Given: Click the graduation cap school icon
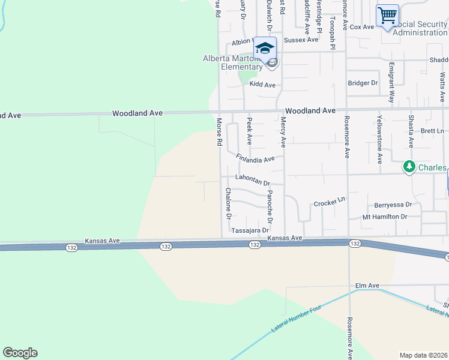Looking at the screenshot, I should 265,48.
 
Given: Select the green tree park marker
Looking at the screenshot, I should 409,166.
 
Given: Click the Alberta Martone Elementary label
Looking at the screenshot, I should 233,62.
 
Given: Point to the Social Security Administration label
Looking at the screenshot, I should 420,28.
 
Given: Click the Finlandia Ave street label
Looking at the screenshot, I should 255,158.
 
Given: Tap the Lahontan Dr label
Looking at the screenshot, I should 253,179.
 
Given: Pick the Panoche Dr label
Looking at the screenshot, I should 270,207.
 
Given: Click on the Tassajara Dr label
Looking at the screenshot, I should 249,230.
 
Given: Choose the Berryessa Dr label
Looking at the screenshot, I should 393,205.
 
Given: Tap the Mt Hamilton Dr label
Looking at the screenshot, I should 385,217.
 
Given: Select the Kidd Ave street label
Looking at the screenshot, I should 262,85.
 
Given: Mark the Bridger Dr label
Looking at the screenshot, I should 363,83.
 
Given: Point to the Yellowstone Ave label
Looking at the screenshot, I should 379,139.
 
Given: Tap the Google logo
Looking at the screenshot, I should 20,353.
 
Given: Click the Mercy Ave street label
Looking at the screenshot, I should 282,132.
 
